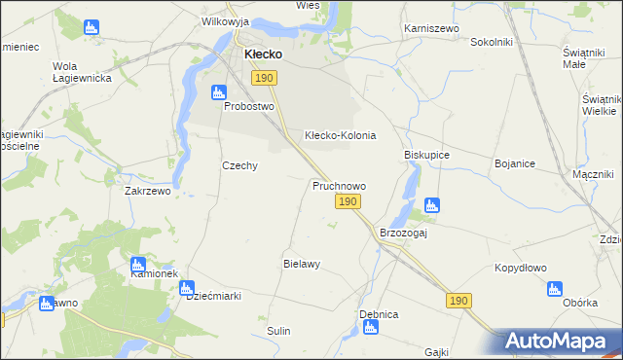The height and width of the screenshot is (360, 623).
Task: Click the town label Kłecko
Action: pos(263,54)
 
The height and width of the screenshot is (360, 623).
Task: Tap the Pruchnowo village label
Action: pos(339,185)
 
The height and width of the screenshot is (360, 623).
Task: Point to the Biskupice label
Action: pos(425,155)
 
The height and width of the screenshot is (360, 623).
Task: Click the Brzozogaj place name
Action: pos(404,233)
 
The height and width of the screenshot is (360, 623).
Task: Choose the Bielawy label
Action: pos(302,264)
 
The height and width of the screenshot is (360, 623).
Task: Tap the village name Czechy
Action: pos(239,165)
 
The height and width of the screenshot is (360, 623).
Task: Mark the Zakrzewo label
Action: pos(148,192)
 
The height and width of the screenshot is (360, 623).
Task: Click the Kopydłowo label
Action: pos(521,268)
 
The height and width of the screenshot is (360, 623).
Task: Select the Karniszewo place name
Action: pos(431,29)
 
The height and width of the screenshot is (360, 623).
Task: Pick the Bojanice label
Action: pos(516,164)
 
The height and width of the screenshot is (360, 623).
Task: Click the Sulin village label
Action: pos(279,331)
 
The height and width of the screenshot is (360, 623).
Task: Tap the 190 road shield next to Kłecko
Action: pos(263,77)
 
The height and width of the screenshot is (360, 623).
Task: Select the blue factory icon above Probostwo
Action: pos(218,92)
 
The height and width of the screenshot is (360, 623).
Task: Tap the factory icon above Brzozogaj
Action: pos(432,205)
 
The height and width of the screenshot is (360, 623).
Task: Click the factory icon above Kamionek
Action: pos(137,263)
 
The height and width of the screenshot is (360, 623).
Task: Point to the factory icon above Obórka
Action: pos(555,288)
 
